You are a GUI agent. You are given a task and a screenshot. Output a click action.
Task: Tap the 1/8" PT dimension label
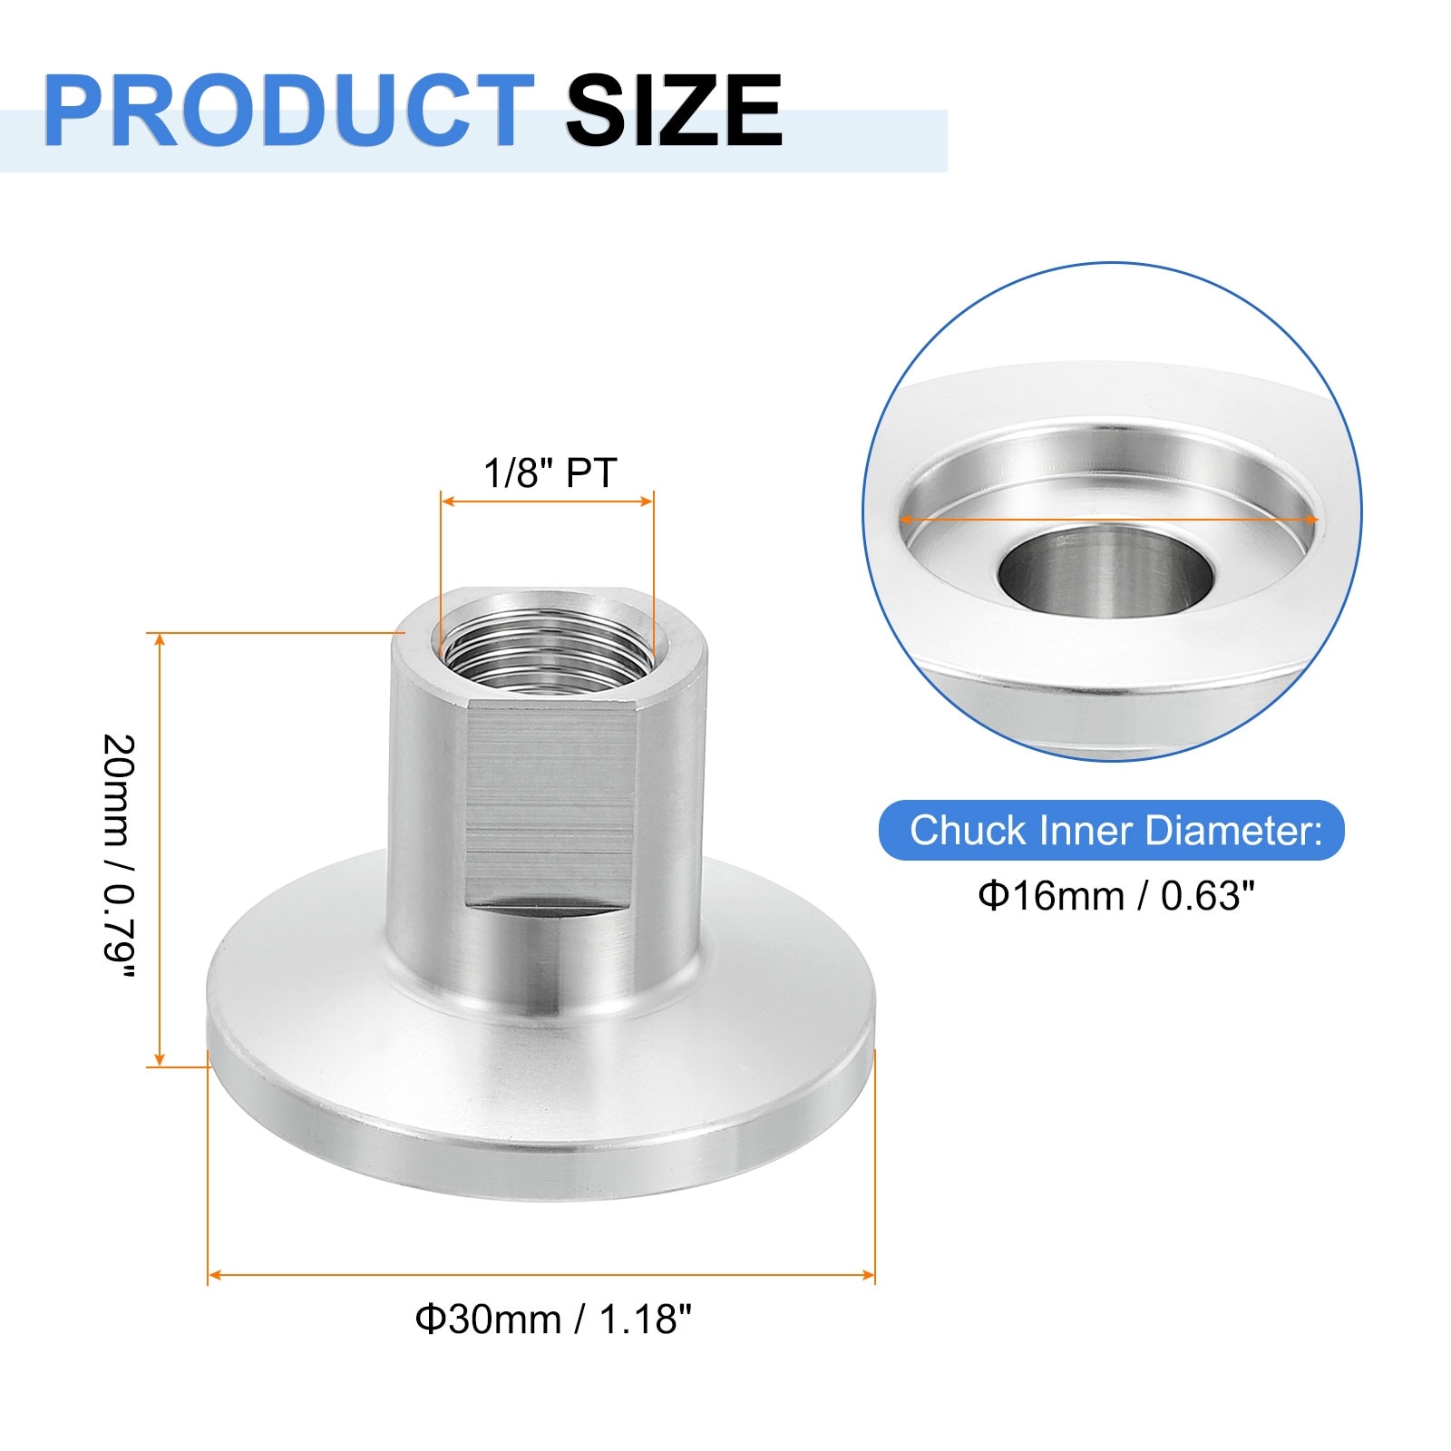(550, 473)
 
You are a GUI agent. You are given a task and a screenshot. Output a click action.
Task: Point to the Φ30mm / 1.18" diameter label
(553, 1319)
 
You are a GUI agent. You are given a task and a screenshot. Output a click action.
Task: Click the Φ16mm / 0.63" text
(1115, 896)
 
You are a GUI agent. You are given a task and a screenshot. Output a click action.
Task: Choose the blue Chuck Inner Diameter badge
(1112, 831)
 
